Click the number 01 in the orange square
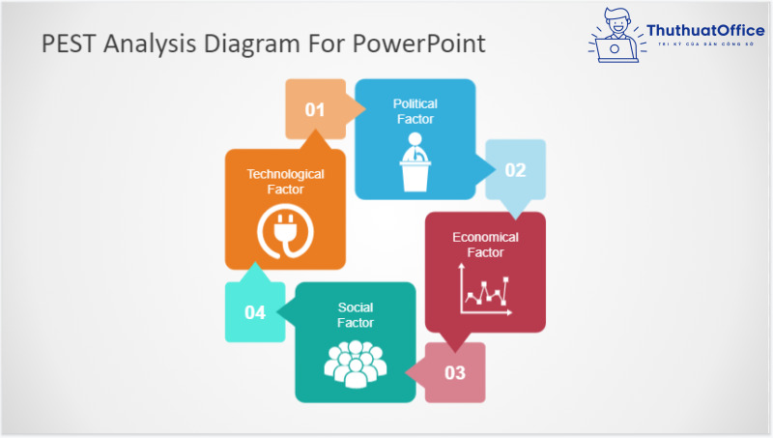point(315,109)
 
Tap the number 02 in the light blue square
point(515,170)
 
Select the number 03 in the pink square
point(455,372)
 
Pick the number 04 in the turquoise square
point(255,312)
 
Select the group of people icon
point(355,363)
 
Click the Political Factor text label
point(415,111)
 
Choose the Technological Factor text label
point(285,182)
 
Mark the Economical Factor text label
point(485,245)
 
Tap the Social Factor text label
point(355,315)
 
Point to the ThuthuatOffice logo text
point(705,31)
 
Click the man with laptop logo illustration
point(613,35)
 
